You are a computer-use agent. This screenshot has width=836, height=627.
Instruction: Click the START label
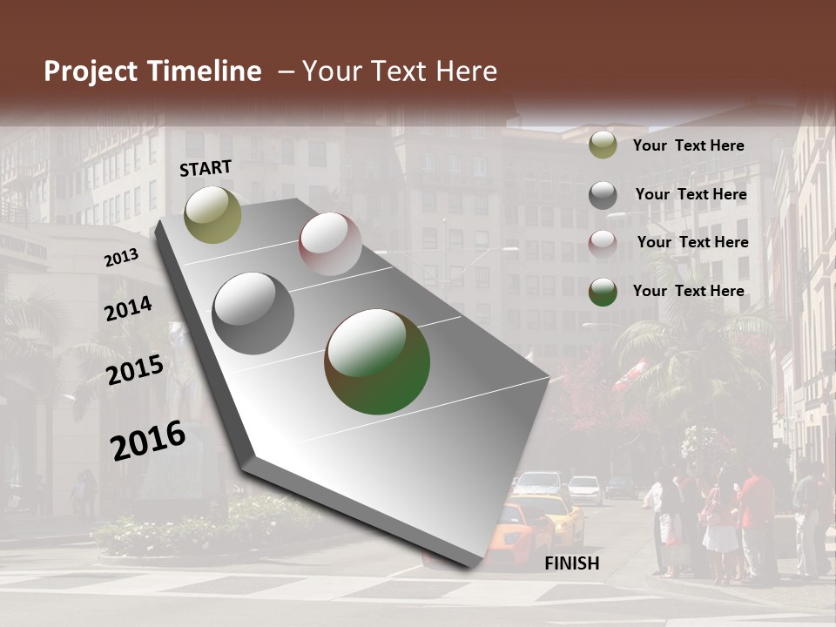tap(206, 168)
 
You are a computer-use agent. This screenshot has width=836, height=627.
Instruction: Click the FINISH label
tap(571, 563)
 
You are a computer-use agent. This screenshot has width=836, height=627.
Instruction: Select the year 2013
tap(121, 258)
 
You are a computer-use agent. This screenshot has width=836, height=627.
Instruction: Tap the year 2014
tap(129, 309)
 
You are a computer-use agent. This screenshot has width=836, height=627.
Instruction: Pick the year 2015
tap(135, 371)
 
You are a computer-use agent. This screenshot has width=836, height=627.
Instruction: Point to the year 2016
tap(148, 441)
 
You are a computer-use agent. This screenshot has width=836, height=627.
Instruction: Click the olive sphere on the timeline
tap(212, 214)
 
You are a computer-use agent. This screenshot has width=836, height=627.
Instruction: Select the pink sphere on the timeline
tap(330, 244)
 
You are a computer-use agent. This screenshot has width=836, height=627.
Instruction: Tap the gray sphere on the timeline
tap(253, 313)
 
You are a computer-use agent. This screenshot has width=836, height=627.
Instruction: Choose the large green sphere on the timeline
tap(377, 361)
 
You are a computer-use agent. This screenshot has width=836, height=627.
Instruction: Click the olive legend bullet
tap(603, 145)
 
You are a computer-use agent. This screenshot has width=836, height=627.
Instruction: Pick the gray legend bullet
tap(603, 195)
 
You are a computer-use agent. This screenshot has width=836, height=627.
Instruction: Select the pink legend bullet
tap(603, 243)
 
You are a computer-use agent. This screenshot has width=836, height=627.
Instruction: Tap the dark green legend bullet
tap(603, 292)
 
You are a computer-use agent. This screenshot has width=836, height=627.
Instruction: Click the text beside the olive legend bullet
tap(688, 145)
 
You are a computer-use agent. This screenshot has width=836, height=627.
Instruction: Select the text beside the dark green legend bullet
tap(688, 291)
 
